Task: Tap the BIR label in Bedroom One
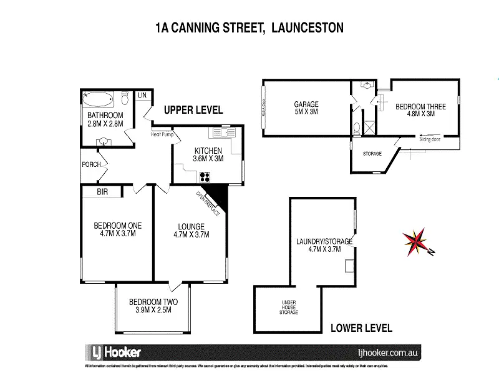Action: point(102,192)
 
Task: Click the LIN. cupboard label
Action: point(142,96)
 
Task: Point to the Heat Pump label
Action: point(160,134)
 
